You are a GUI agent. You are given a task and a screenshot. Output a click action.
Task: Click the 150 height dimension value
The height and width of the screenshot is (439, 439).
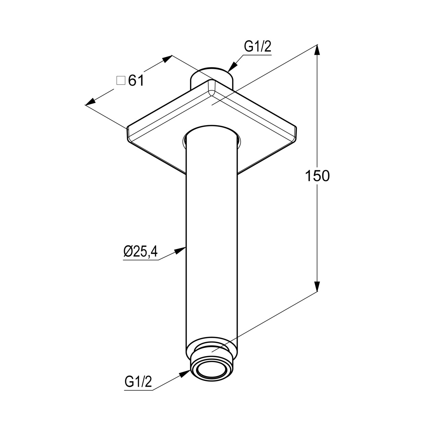(x=317, y=176)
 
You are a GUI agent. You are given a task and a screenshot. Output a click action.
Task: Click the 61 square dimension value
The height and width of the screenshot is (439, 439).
(x=136, y=80)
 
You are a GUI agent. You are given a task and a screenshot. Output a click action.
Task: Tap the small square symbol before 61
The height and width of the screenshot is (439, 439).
(x=121, y=81)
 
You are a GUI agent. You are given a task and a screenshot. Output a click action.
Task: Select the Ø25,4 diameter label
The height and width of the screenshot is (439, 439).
(x=140, y=251)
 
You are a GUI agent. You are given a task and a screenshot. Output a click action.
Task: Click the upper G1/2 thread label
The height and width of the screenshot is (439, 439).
(x=258, y=47)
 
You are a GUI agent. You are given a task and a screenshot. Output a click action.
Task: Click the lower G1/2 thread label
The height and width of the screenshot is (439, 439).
(x=138, y=382)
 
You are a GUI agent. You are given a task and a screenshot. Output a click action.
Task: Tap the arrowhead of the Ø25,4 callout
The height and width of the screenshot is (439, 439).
(x=180, y=250)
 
